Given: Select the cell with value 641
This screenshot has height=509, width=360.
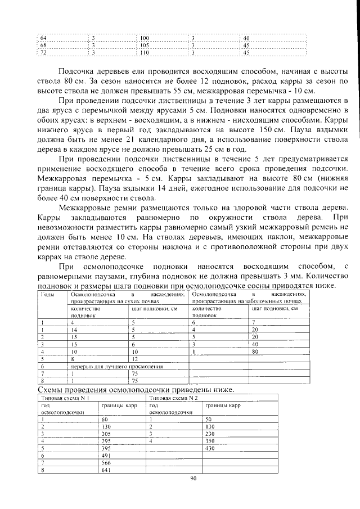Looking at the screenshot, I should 105,471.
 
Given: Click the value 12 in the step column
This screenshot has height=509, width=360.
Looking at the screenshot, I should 135,358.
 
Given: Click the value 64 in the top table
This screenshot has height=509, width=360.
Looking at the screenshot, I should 43,38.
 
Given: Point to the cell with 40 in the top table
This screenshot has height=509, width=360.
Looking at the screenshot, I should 246,38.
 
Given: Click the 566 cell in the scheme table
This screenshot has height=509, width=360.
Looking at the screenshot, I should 105,463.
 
